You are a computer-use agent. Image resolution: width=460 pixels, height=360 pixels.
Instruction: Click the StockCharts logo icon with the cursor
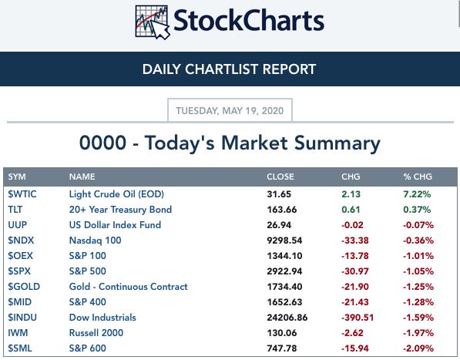click(x=153, y=22)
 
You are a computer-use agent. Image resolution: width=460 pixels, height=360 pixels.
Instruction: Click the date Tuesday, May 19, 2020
click(x=230, y=110)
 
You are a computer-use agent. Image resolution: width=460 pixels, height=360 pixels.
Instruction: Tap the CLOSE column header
click(x=280, y=177)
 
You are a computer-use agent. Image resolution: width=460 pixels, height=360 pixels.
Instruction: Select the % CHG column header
click(x=418, y=177)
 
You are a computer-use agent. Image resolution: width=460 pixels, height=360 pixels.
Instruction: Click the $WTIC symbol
click(x=22, y=194)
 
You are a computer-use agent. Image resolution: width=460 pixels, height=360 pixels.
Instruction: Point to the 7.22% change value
click(x=417, y=194)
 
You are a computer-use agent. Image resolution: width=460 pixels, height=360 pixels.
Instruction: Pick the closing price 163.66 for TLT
click(x=282, y=210)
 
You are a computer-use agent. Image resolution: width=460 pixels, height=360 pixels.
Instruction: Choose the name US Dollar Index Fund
click(x=115, y=225)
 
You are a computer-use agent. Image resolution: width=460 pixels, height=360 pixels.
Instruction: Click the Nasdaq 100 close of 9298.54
click(x=284, y=241)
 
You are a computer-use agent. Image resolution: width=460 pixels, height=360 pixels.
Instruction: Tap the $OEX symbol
click(x=21, y=256)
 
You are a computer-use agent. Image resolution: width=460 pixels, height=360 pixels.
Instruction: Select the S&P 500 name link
click(x=87, y=271)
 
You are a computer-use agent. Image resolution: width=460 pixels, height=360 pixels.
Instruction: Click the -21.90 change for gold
click(x=355, y=286)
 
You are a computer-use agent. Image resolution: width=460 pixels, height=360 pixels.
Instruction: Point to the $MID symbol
click(x=20, y=302)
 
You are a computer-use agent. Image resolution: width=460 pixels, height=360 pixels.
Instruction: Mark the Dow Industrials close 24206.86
click(x=287, y=317)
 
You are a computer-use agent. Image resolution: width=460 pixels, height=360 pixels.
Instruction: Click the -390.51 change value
click(x=358, y=317)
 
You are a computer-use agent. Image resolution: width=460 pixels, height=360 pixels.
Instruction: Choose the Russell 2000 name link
click(x=96, y=333)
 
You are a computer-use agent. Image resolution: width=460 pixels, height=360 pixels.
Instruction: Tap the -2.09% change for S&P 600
click(x=418, y=348)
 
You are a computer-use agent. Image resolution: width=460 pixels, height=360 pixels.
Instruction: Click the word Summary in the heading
click(x=337, y=143)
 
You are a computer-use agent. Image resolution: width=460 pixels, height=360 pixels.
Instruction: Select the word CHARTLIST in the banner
click(x=223, y=69)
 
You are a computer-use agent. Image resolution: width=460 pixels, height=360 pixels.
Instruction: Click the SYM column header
click(x=17, y=177)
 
